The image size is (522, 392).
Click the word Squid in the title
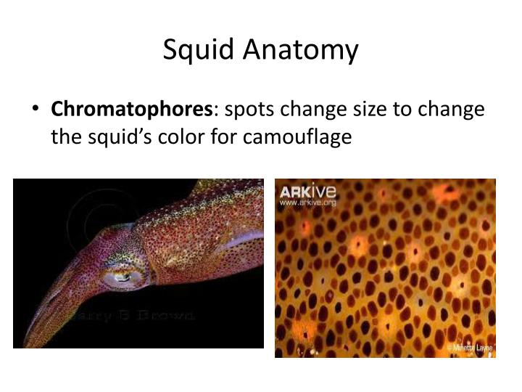(x=192, y=50)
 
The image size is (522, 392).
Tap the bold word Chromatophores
(x=130, y=110)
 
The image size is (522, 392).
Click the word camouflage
(x=298, y=136)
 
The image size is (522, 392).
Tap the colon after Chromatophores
(x=213, y=110)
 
